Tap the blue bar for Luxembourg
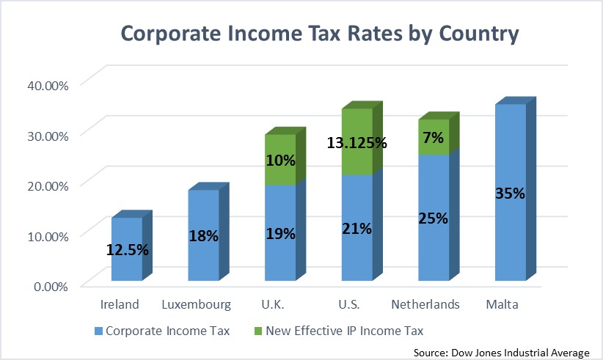pos(203,235)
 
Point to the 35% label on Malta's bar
pos(509,194)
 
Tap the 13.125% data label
pos(357,142)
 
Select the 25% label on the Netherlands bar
pos(433,217)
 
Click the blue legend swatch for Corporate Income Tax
pos(99,331)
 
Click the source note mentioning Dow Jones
pos(502,352)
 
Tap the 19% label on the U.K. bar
pos(280,234)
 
